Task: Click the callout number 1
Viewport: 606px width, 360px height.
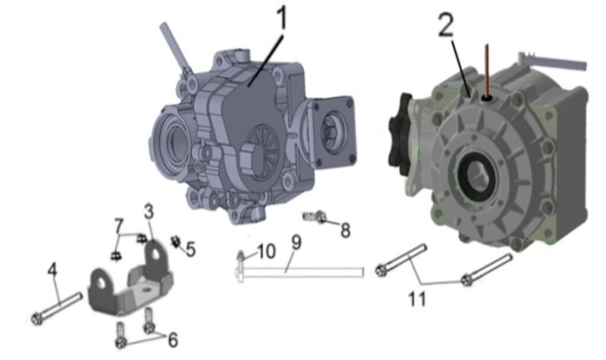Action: pyautogui.click(x=282, y=18)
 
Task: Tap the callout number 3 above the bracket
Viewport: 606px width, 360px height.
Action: pyautogui.click(x=149, y=211)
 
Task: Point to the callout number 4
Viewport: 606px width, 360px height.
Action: pyautogui.click(x=53, y=269)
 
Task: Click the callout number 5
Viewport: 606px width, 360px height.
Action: pyautogui.click(x=191, y=249)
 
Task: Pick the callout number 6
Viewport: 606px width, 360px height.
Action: pyautogui.click(x=172, y=340)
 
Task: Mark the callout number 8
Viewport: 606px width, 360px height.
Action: pyautogui.click(x=345, y=231)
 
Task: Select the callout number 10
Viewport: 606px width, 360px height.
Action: pyautogui.click(x=266, y=251)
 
